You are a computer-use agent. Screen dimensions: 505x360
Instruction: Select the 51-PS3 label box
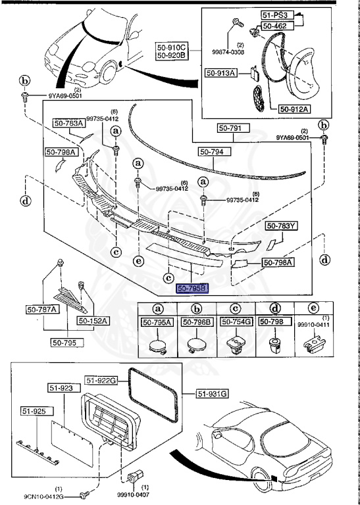[276, 15]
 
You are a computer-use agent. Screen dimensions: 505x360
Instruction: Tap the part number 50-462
[276, 26]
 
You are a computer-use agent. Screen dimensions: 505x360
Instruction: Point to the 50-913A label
[220, 74]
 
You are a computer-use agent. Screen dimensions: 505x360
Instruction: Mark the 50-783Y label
[281, 226]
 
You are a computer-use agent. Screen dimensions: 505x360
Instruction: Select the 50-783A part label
[68, 123]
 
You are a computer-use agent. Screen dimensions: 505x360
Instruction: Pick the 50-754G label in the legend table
[235, 322]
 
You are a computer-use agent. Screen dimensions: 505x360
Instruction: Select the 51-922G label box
[101, 380]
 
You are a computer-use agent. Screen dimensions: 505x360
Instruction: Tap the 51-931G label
[212, 394]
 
